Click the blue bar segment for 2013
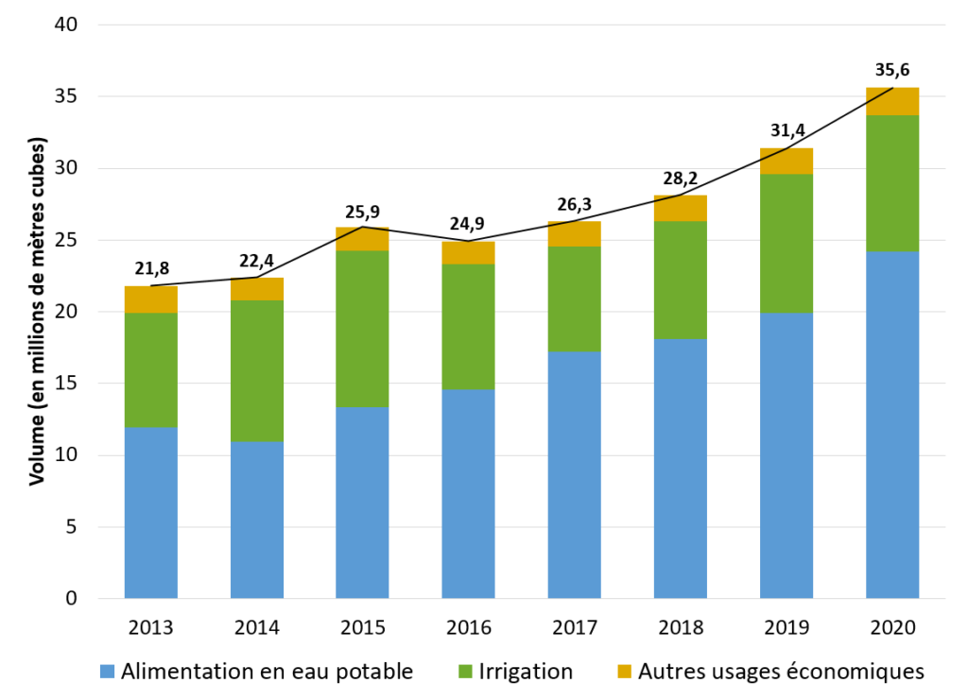click(151, 512)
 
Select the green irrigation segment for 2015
click(363, 329)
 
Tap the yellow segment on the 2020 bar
click(892, 101)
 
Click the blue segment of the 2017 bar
click(575, 474)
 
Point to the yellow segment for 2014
click(257, 289)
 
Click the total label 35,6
click(892, 70)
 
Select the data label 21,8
click(151, 268)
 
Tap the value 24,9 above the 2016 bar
click(469, 224)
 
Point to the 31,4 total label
click(786, 130)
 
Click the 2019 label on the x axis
click(786, 625)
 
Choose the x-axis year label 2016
click(469, 625)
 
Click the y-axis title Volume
click(37, 313)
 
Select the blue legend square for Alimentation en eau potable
click(109, 672)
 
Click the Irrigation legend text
click(526, 672)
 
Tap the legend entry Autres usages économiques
click(780, 672)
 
